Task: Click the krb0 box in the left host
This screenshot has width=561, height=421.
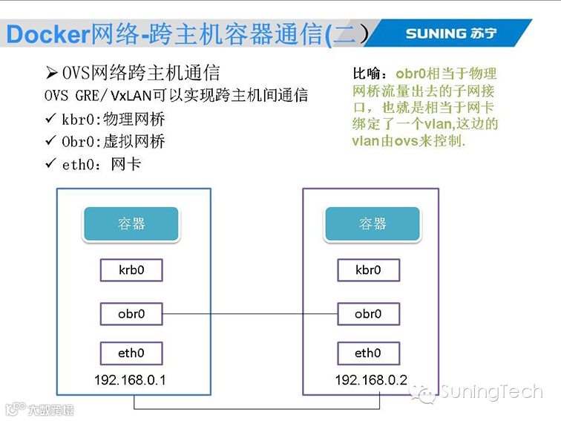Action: (x=131, y=270)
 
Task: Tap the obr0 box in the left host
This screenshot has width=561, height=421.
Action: (x=131, y=313)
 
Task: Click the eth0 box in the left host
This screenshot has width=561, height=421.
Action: (x=131, y=353)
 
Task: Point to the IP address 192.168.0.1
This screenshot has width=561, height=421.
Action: (x=130, y=380)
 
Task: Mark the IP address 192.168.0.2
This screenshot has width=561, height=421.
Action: (x=371, y=380)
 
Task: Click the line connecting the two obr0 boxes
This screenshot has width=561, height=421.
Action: (x=250, y=313)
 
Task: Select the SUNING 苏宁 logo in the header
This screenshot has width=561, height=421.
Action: (x=450, y=33)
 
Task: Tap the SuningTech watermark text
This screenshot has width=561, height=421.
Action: (x=491, y=391)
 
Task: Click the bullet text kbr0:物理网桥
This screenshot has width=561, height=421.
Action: (x=114, y=119)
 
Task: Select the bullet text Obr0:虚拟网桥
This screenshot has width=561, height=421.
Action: (x=114, y=141)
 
